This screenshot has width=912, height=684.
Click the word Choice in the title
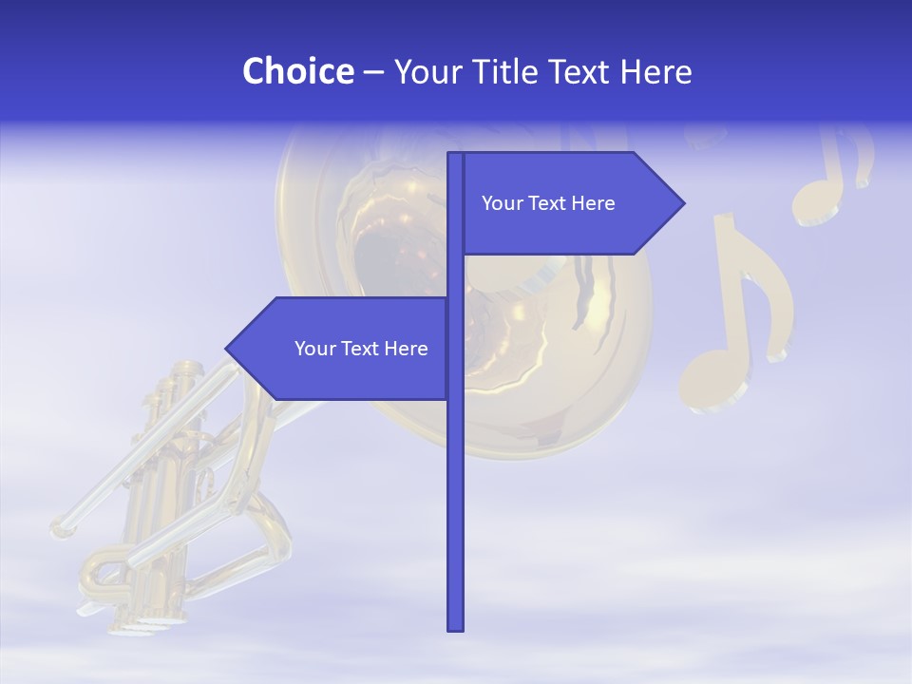[x=297, y=71]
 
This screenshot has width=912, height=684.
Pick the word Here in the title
[x=655, y=71]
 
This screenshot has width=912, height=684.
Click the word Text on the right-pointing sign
[x=548, y=203]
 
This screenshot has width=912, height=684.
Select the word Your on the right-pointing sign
[x=503, y=203]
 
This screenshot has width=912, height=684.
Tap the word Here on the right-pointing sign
[x=593, y=203]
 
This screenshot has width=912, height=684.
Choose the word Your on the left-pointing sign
[x=315, y=349]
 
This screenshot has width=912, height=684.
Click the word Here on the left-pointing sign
[x=406, y=349]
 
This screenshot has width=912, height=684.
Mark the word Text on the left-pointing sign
[x=361, y=349]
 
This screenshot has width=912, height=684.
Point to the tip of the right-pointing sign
[x=682, y=202]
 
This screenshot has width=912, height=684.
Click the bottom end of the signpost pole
[x=456, y=627]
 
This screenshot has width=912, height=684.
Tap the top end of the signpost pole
[x=456, y=155]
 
